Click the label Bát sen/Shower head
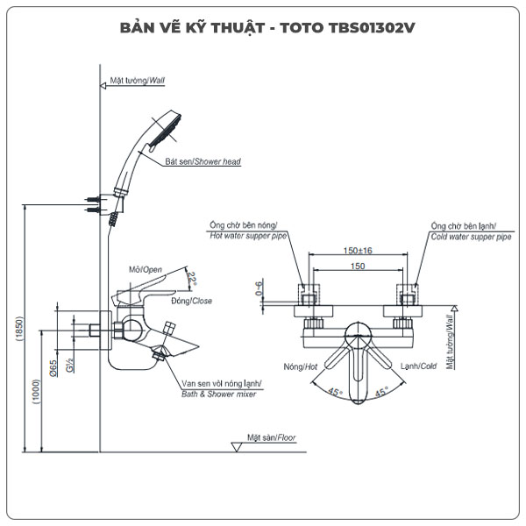203,162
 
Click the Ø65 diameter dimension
53,368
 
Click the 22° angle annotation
192,278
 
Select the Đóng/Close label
192,301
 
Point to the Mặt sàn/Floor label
271,436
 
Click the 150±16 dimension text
357,251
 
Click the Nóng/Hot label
295,366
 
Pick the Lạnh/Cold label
420,366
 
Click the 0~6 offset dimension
258,288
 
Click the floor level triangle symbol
236,446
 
